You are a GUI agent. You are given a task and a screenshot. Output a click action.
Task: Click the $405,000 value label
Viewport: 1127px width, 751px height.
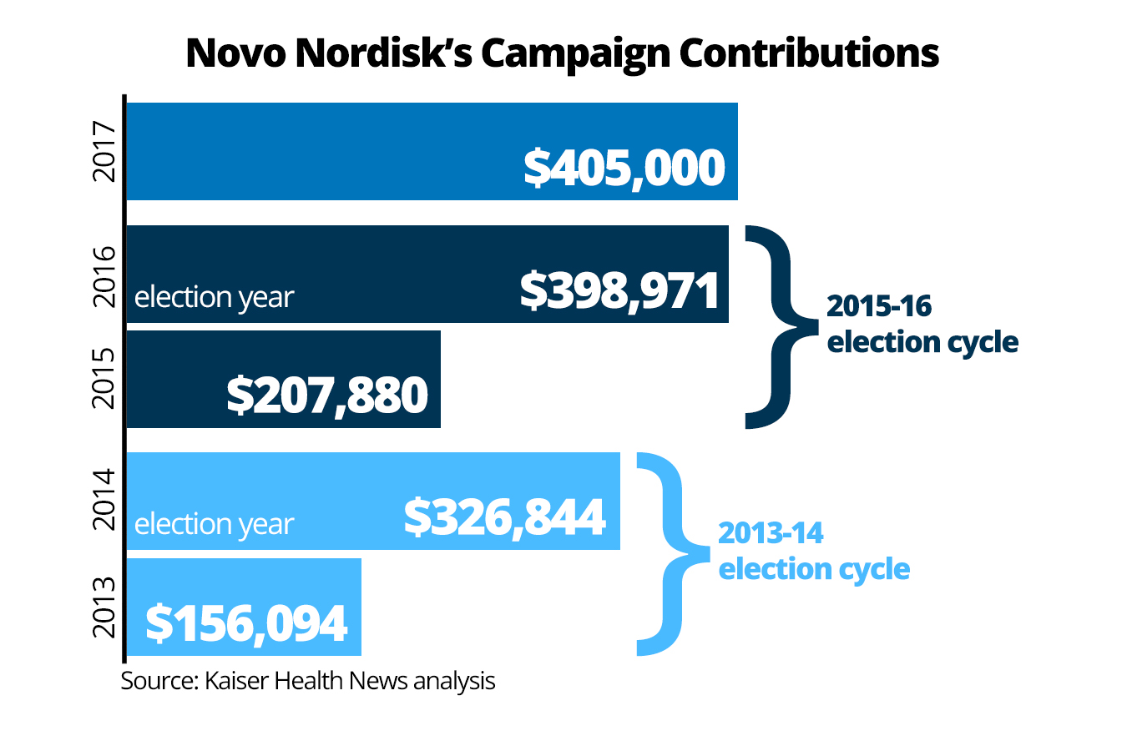click(x=624, y=168)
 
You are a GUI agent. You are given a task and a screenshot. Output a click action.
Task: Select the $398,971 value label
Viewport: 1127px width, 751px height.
click(x=619, y=291)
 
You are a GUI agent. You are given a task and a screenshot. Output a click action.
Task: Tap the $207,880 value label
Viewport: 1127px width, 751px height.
click(x=327, y=395)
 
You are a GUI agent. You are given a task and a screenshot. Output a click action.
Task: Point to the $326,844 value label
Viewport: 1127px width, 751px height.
click(x=504, y=517)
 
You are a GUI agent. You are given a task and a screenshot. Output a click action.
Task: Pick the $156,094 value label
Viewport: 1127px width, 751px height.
click(x=246, y=623)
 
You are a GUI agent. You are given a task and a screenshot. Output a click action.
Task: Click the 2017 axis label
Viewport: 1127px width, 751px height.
click(x=104, y=151)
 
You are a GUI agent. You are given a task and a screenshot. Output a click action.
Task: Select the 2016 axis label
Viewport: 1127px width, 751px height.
click(x=104, y=275)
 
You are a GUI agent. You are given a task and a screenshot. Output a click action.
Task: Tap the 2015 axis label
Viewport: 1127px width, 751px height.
click(x=104, y=379)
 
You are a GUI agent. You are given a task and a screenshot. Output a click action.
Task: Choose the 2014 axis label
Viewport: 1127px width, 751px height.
click(x=104, y=501)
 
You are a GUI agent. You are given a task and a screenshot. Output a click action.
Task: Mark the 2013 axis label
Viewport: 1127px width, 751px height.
click(x=104, y=607)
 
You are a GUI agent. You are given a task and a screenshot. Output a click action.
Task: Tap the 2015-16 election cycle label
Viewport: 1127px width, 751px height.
click(x=922, y=324)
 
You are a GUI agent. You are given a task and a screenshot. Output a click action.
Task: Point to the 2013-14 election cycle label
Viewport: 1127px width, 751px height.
click(x=813, y=551)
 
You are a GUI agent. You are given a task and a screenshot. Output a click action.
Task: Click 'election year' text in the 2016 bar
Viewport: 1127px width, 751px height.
click(x=214, y=297)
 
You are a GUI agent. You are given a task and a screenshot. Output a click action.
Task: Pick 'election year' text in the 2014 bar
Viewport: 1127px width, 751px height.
click(x=214, y=524)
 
